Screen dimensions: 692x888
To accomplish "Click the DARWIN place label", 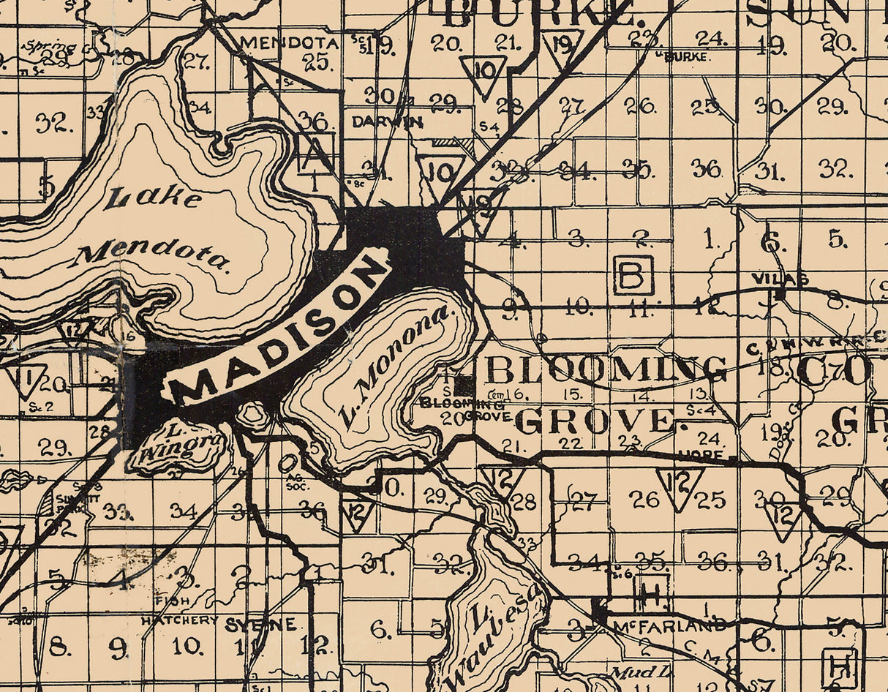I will point(387,122).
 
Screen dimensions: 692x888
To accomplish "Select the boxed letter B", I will point(633,275).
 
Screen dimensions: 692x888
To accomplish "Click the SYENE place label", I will point(260,625).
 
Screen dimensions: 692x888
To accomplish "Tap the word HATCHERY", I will point(179,620).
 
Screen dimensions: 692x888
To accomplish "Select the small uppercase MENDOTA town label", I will point(290,43).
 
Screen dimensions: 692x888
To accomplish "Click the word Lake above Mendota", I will point(153,197).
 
